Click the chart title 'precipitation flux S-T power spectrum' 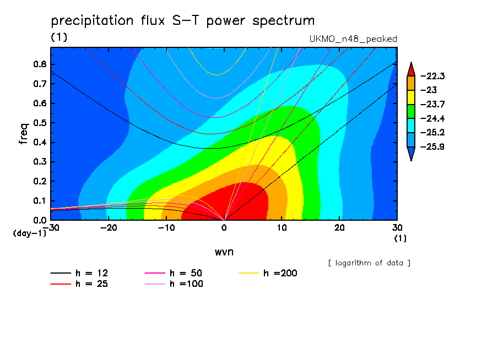[183, 21]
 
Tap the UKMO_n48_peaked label [353, 39]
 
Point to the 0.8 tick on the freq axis [40, 64]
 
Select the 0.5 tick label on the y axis [40, 123]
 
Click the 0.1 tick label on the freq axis [40, 201]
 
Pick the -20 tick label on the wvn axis [109, 228]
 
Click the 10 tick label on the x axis [282, 228]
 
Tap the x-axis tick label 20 [339, 228]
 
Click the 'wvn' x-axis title [224, 252]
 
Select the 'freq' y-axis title [24, 134]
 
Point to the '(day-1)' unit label [30, 233]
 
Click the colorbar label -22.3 [432, 76]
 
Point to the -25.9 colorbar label [432, 146]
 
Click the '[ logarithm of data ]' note [369, 263]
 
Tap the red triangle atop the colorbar [411, 70]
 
